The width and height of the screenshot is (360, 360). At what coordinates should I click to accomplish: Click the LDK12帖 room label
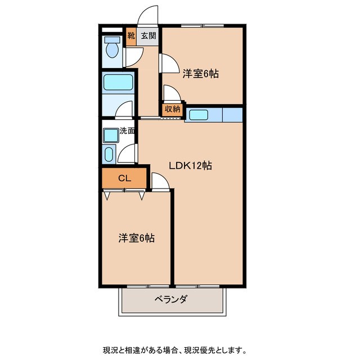pos(191,166)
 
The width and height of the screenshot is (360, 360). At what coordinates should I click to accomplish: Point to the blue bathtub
pos(118,83)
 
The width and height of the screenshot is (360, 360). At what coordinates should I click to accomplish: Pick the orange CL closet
pos(124,178)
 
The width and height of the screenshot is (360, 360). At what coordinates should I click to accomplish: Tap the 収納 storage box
pos(173,109)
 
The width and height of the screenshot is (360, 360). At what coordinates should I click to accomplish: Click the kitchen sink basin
pos(199,115)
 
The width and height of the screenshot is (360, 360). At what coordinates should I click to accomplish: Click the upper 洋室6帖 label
pos(200,73)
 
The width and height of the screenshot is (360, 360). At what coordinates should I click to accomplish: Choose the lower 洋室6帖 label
pos(136,238)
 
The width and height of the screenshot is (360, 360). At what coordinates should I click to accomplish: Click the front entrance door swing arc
pos(148,16)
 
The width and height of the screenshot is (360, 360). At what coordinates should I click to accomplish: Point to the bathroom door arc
pos(125,109)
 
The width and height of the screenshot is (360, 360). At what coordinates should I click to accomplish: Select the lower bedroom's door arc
pos(160,181)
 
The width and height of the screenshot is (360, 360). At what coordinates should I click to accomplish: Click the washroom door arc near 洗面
pos(129,153)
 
